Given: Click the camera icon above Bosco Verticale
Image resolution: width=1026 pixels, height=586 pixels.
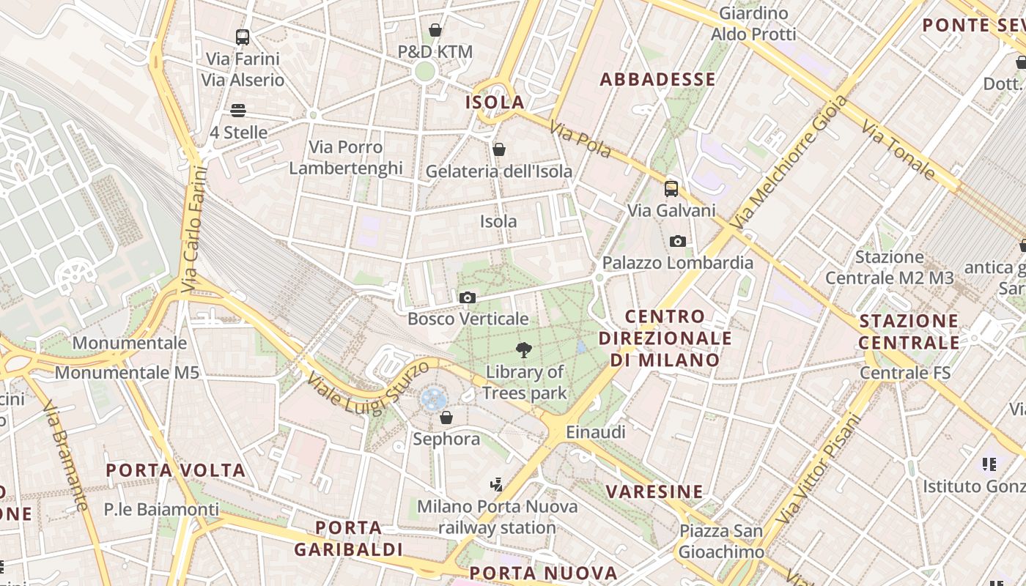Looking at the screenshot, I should point(467,297).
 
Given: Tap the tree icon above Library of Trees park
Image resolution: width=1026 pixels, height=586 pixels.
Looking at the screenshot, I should point(524,350).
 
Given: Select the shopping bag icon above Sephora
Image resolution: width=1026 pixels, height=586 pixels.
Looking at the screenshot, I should point(446,418).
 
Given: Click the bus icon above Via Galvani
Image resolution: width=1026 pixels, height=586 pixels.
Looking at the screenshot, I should point(671,189).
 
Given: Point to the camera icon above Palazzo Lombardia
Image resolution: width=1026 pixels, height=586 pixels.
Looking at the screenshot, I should point(677,241).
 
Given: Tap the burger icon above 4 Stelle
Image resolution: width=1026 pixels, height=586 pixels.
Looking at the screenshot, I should point(237,111).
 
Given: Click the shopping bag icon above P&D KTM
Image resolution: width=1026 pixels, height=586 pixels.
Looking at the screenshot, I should point(435,30).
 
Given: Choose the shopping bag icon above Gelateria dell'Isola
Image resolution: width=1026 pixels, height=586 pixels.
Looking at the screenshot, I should point(499,149).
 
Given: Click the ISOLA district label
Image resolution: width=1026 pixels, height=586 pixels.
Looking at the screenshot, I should point(495,103).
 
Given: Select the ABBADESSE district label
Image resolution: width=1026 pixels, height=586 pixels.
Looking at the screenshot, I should point(657,80).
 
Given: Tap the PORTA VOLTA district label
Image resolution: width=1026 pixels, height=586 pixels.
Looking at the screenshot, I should point(176,470).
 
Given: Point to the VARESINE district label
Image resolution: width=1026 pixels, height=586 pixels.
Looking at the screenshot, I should point(655,492).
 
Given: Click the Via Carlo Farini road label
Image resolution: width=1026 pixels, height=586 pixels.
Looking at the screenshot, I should point(193,229).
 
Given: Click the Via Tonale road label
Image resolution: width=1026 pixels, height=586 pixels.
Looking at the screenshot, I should point(898,150).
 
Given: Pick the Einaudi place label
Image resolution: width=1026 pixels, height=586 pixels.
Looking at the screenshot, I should point(596,432).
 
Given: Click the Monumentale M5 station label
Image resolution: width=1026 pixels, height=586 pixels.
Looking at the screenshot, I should point(127,373).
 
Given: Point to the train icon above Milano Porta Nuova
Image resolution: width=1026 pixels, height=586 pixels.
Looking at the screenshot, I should point(497,484).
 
